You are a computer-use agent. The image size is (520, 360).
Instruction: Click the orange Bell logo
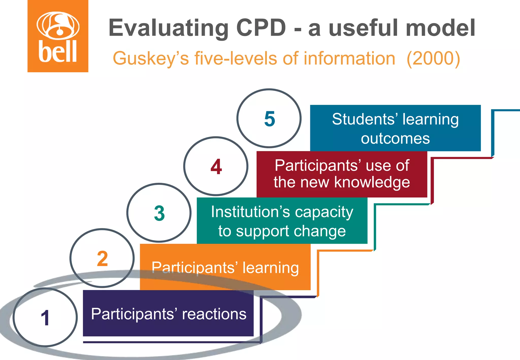(x=58, y=36)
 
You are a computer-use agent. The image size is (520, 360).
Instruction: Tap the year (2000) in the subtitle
(x=433, y=59)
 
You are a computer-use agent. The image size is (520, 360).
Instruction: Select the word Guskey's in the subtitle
(x=151, y=59)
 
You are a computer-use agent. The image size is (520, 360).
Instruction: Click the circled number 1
(x=45, y=318)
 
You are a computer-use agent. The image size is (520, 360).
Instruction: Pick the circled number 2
(x=102, y=258)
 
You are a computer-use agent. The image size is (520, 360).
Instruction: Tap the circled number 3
(x=159, y=213)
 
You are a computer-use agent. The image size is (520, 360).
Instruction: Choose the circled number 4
(x=216, y=167)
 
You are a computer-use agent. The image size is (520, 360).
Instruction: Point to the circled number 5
(x=269, y=119)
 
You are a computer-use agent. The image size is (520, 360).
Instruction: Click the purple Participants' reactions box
(x=168, y=313)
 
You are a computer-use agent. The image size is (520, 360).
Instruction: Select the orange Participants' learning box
(x=225, y=267)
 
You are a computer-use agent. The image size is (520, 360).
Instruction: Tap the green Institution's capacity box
(x=282, y=221)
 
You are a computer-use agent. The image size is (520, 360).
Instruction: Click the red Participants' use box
(x=342, y=174)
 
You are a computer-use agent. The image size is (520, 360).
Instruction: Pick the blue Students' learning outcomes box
(x=395, y=128)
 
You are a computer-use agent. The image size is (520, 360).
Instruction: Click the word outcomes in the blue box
(x=395, y=139)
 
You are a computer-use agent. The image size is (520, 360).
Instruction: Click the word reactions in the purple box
(x=214, y=314)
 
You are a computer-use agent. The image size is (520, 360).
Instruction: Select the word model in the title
(x=440, y=28)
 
